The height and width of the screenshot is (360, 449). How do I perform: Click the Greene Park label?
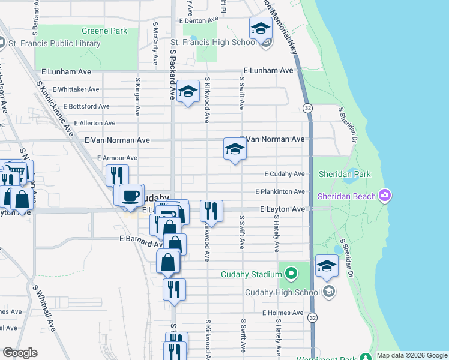(105, 31)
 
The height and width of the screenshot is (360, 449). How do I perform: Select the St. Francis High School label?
(214, 43)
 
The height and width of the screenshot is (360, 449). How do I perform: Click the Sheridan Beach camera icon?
(385, 196)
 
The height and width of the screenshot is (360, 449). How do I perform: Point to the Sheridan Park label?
(345, 175)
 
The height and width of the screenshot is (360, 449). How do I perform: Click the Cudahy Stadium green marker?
(291, 275)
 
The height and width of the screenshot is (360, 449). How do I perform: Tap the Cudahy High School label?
(282, 292)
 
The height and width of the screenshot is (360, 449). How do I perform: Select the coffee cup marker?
(131, 195)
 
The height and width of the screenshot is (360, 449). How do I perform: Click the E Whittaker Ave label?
(76, 89)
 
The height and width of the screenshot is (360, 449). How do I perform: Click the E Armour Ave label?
(117, 158)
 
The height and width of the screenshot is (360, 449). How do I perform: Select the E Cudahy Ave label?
(285, 174)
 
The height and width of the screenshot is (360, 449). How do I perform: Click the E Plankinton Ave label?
(280, 191)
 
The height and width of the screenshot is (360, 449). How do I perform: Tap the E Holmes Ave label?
(282, 313)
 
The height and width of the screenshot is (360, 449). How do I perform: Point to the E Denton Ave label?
(198, 20)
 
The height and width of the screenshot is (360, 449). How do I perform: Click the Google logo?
(20, 353)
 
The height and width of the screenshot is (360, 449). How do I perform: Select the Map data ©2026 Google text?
(411, 355)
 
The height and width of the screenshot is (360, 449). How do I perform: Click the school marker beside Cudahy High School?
(327, 266)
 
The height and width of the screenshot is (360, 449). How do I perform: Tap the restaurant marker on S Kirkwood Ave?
(211, 211)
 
